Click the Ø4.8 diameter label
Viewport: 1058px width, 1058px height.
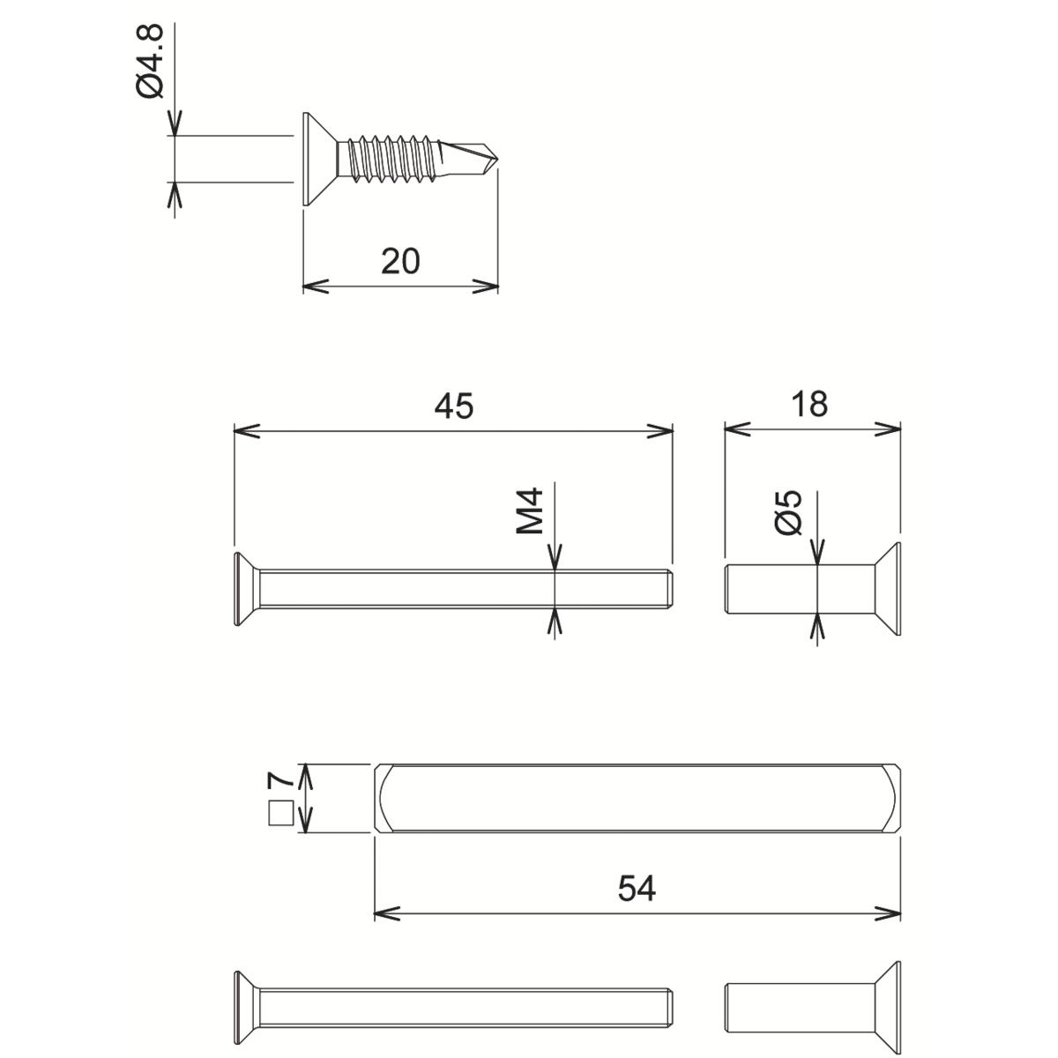[151, 62]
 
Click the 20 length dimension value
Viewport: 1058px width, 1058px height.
[400, 261]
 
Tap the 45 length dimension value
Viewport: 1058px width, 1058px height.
[454, 406]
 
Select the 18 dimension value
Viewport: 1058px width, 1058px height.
[809, 404]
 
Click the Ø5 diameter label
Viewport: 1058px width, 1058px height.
[790, 511]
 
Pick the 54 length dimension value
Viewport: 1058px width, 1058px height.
[637, 889]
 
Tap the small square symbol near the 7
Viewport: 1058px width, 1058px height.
[279, 812]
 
